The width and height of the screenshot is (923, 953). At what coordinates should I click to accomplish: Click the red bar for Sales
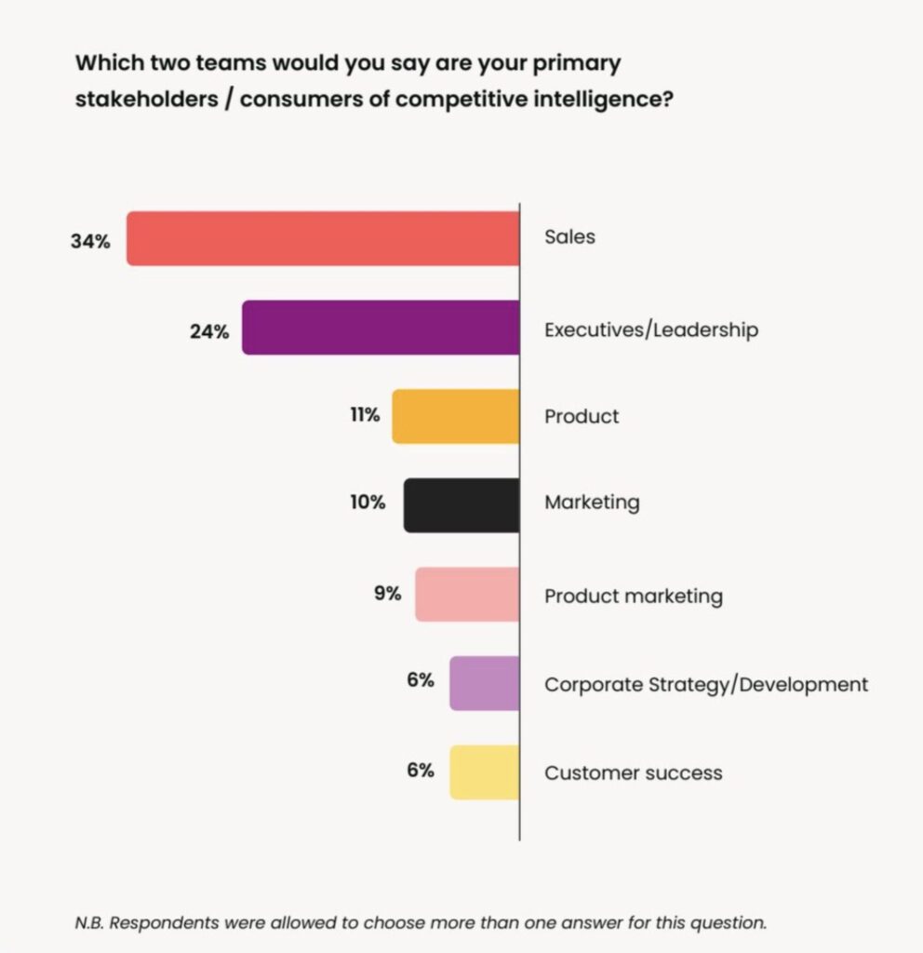pos(323,239)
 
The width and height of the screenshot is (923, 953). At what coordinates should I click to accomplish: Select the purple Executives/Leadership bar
pos(381,328)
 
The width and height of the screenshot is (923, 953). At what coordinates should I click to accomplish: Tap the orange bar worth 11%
pos(455,416)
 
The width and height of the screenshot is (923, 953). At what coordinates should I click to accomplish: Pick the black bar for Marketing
pos(461,505)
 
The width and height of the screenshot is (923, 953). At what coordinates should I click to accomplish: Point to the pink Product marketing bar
pos(467,595)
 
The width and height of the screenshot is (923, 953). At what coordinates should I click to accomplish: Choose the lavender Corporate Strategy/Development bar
pos(484,683)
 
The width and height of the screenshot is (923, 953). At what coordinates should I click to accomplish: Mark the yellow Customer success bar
pos(484,772)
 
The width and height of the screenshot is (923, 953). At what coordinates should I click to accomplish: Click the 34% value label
pos(90,241)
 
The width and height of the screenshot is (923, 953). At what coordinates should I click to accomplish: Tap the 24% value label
pos(208,330)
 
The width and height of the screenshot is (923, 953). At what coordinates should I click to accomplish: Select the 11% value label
pos(365,415)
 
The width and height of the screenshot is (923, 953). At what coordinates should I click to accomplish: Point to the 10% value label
pos(368,503)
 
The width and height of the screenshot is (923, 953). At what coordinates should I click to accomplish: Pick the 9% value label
pos(387,592)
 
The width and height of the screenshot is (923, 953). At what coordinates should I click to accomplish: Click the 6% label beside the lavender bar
pos(420,680)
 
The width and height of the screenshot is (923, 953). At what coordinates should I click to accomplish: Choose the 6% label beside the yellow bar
pos(420,770)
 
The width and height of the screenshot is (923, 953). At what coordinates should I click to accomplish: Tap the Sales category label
pos(569,236)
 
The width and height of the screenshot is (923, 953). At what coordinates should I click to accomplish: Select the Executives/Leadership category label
pos(650,329)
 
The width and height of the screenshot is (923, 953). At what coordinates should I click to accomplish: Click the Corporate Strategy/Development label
pos(706,685)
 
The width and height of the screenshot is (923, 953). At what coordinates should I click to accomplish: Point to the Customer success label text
pos(633,772)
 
